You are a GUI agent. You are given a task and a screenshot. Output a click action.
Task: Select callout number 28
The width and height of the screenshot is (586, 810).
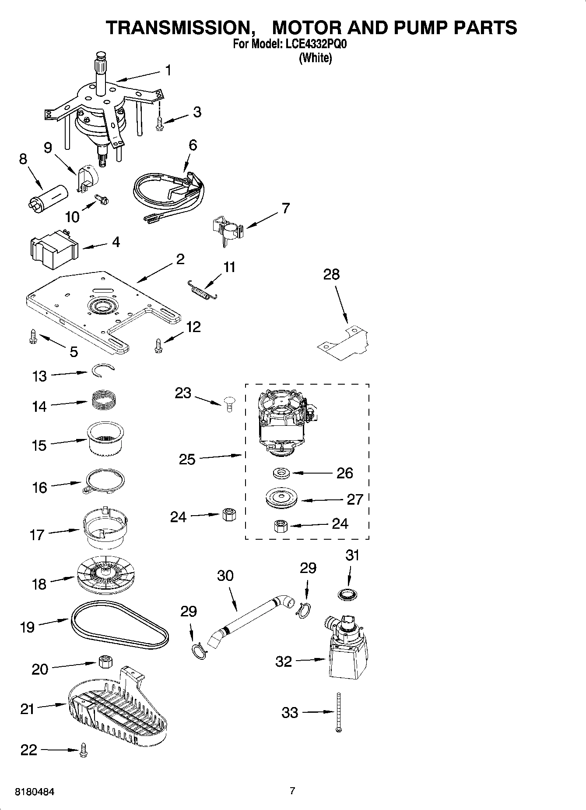tap(331, 275)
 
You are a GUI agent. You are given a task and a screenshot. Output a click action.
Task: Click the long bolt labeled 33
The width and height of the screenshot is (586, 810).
tap(339, 712)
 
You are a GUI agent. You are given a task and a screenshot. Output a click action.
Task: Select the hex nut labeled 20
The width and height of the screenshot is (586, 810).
tap(105, 661)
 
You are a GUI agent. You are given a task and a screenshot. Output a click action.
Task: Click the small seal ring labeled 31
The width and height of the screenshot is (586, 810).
tap(347, 594)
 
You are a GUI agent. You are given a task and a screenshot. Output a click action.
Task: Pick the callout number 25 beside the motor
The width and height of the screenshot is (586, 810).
tap(187, 459)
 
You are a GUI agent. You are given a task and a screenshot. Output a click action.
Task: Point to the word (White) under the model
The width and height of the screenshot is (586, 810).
tap(315, 58)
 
